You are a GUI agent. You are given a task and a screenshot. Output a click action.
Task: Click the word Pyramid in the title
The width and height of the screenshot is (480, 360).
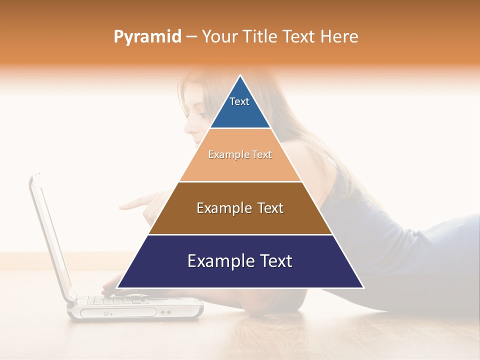point(147,37)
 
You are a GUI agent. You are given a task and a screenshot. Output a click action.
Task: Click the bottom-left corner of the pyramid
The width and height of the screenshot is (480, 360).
point(118,287)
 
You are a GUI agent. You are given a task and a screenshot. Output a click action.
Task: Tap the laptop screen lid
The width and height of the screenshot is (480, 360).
point(50,235)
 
